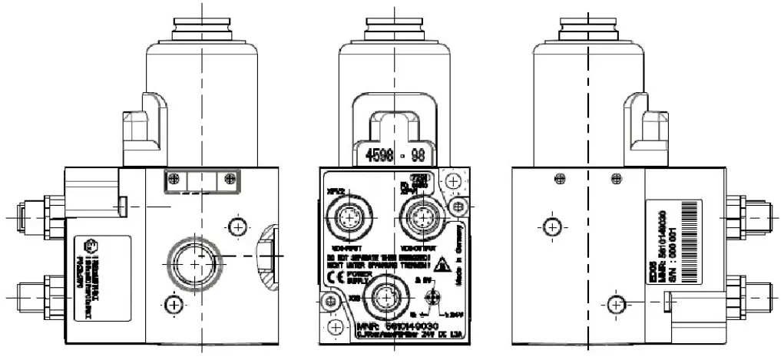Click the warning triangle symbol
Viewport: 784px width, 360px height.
442,266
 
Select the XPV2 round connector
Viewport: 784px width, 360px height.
351,217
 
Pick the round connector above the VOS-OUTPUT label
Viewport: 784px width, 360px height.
421,217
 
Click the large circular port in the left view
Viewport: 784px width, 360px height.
192,263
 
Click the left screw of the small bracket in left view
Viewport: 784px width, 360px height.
175,179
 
